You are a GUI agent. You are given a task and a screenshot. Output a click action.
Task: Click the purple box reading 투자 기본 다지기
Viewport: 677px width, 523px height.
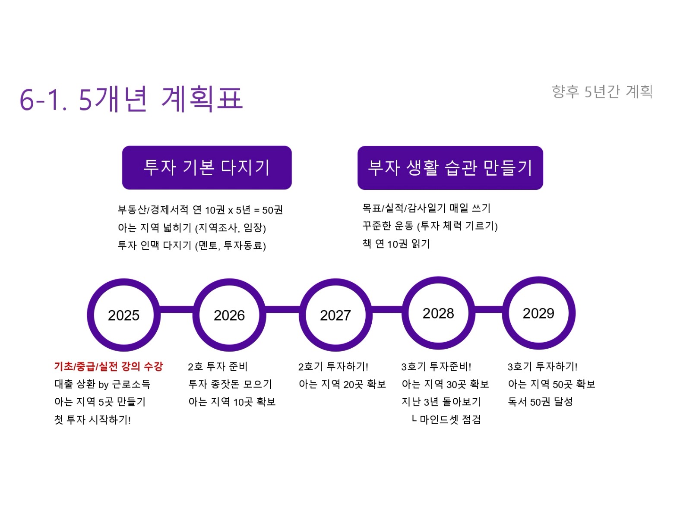click(x=207, y=167)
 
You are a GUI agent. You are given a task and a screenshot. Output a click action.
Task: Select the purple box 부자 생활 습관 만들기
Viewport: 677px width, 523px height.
click(x=450, y=168)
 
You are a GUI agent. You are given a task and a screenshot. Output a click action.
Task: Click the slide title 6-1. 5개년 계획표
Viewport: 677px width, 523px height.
click(x=131, y=99)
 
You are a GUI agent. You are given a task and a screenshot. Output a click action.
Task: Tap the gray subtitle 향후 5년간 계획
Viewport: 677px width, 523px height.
click(x=602, y=92)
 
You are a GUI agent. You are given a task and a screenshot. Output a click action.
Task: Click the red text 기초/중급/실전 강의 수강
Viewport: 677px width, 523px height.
click(x=108, y=366)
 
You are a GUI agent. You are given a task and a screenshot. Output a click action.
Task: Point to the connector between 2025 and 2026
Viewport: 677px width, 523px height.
click(x=177, y=309)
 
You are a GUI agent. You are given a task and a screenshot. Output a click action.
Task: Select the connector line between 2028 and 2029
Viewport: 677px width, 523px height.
click(x=488, y=309)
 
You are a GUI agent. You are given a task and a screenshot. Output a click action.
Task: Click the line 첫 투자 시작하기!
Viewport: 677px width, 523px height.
click(x=92, y=419)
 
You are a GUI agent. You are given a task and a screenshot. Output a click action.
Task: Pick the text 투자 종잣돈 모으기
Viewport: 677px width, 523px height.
click(x=230, y=384)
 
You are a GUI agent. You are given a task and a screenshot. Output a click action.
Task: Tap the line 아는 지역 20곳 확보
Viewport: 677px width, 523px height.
click(x=342, y=384)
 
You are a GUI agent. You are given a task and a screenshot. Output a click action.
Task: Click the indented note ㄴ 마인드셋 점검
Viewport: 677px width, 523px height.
click(x=446, y=419)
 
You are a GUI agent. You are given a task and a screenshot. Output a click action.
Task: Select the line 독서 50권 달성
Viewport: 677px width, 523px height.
click(x=540, y=402)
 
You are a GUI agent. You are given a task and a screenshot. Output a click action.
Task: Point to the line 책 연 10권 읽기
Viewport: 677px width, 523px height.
click(x=396, y=243)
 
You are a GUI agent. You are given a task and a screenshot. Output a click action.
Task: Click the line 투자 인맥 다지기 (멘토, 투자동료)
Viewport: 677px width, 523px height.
click(x=192, y=245)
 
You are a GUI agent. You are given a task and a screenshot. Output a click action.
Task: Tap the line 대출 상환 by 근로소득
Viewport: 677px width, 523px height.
click(x=102, y=384)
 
